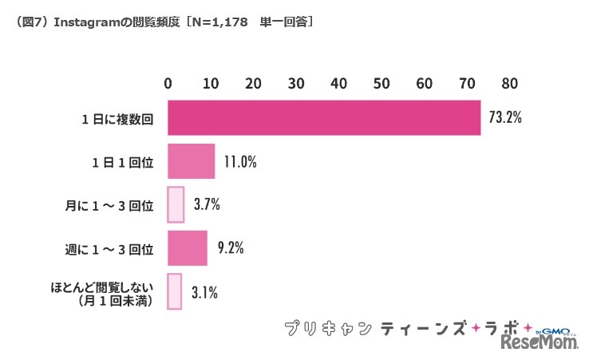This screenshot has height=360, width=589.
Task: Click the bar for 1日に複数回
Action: click(x=323, y=118)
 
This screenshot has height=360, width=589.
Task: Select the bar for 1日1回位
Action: click(x=192, y=161)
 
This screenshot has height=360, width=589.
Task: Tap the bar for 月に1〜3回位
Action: click(x=176, y=204)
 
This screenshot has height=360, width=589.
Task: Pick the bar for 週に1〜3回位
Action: click(x=188, y=247)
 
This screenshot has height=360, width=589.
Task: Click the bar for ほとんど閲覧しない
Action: click(x=175, y=291)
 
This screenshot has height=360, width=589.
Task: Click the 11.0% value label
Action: click(x=239, y=161)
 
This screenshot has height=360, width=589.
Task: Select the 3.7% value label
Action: click(x=207, y=204)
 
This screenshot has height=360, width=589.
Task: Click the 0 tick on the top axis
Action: click(x=168, y=83)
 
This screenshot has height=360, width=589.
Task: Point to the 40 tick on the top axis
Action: click(x=339, y=83)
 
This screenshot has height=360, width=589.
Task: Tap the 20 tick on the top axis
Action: click(x=254, y=83)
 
